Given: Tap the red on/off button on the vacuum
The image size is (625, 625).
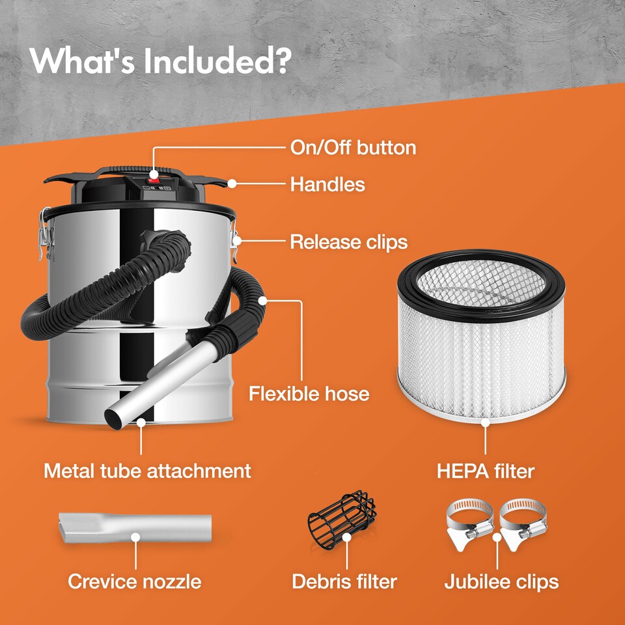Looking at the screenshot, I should tap(154, 175).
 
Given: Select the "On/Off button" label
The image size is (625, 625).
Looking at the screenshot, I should tap(353, 147).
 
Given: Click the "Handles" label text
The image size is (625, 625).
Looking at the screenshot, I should tap(327, 184).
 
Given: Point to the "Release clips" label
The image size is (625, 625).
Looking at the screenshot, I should tap(348, 242).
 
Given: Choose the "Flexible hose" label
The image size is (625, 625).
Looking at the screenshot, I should tap(309, 393).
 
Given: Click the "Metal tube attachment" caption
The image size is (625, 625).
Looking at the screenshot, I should tap(147, 470).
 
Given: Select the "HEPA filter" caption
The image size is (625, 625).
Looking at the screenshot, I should tap(486, 470).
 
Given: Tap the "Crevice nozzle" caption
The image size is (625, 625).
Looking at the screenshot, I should tap(135, 581).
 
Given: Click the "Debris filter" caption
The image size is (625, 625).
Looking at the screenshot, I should tap(344, 581).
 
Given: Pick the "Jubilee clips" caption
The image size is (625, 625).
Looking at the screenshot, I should tap(501, 581).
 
